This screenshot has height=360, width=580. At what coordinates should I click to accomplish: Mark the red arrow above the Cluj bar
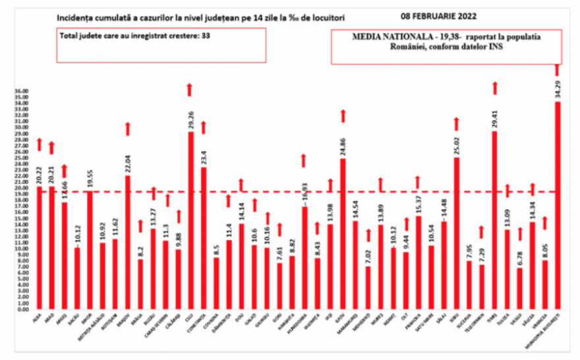(190, 89)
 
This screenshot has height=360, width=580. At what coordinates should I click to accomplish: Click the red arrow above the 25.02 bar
(456, 123)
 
